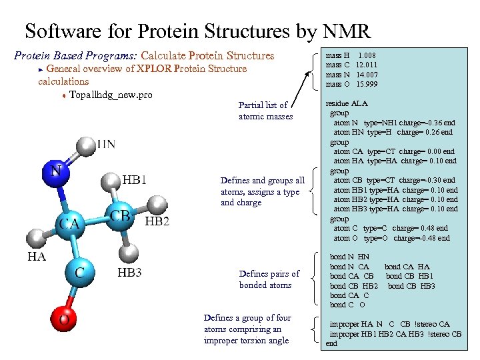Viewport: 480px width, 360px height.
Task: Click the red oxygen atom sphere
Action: (x=63, y=319)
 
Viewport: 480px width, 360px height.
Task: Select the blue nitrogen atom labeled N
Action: (x=56, y=171)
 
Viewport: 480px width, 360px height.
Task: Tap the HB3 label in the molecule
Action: (x=129, y=272)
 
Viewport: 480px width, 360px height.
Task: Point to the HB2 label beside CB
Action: (x=157, y=221)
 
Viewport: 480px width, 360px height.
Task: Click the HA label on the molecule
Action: (x=37, y=256)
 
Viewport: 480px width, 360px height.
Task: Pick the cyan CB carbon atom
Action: (x=120, y=217)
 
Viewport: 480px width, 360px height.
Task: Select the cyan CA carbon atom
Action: (x=69, y=223)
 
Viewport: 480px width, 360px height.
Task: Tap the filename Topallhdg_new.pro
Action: (x=111, y=95)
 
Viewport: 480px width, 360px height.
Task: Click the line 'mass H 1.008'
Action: (x=350, y=55)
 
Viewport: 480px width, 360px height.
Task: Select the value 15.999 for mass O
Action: (x=367, y=84)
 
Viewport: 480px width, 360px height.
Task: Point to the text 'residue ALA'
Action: (x=346, y=103)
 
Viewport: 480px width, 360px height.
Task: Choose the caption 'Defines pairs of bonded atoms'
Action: (x=269, y=279)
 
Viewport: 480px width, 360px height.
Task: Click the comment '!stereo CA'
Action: (x=435, y=324)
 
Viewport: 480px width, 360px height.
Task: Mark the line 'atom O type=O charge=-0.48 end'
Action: (x=391, y=238)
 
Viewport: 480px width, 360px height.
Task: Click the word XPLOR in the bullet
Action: (x=153, y=69)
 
